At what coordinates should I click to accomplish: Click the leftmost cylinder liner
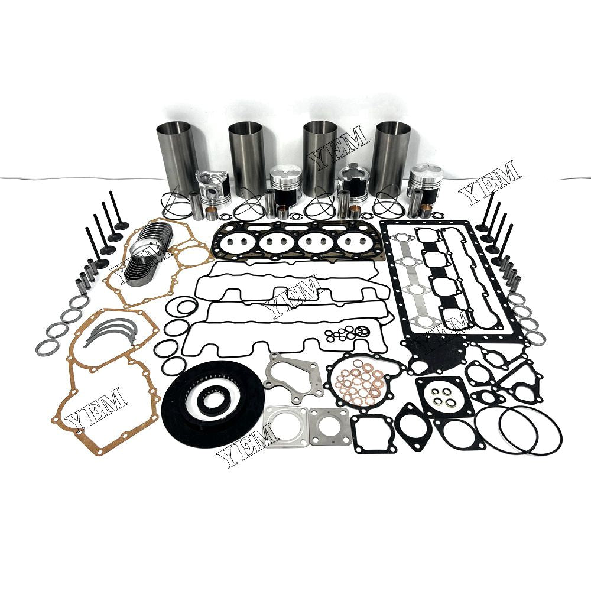(177, 156)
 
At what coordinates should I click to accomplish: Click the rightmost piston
(425, 180)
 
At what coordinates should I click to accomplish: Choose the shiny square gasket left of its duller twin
(285, 424)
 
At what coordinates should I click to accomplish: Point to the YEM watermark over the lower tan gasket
(96, 407)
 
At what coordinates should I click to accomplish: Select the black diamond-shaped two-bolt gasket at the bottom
(411, 426)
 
